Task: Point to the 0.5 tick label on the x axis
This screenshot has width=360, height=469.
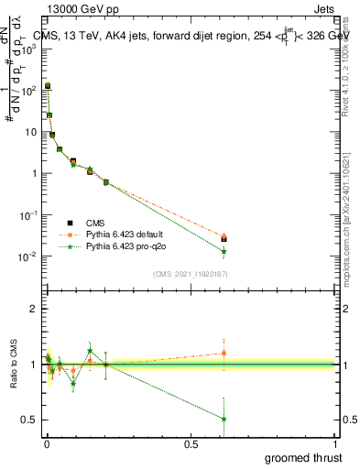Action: click(x=191, y=443)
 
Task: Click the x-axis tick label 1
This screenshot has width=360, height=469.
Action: click(x=335, y=443)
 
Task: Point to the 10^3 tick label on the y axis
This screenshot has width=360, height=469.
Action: click(x=30, y=49)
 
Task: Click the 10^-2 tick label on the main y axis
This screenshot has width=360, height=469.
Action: click(x=29, y=256)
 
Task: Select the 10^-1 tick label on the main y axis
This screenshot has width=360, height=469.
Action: click(x=29, y=215)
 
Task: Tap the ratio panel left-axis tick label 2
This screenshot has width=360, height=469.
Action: click(x=34, y=309)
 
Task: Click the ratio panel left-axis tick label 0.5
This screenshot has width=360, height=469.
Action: click(x=30, y=420)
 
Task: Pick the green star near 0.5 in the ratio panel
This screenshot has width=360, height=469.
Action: click(x=224, y=419)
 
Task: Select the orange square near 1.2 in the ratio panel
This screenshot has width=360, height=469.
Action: click(x=224, y=353)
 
